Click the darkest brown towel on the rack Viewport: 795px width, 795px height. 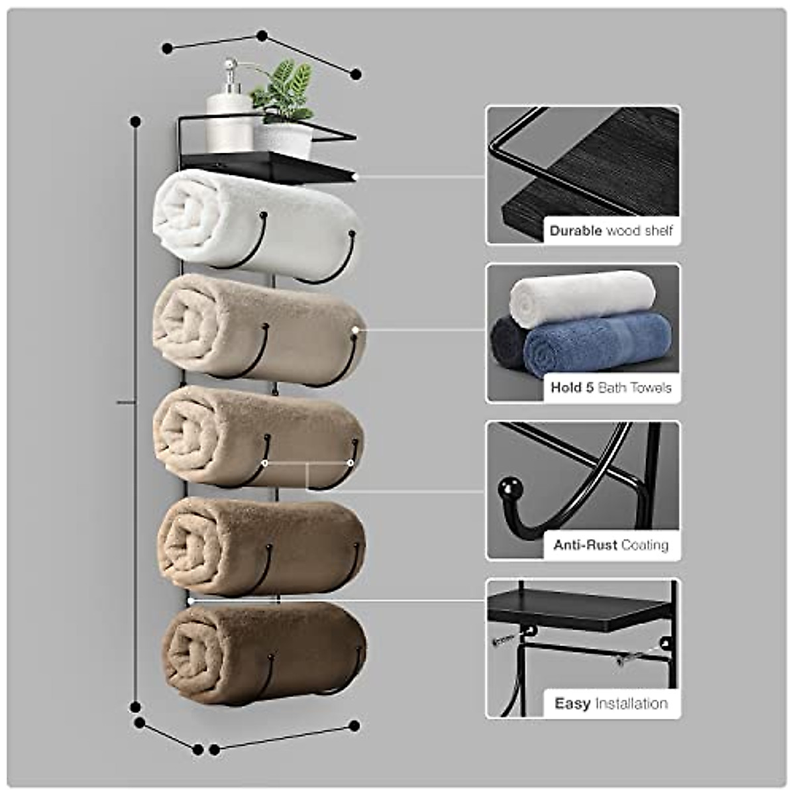[265, 653]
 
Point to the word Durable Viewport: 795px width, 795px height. [576, 231]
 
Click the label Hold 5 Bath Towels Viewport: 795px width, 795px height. [611, 388]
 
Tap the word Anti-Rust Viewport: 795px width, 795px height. [586, 545]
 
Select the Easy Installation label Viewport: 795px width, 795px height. [611, 703]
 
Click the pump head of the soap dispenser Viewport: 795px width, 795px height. [230, 67]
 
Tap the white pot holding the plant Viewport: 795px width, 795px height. [283, 139]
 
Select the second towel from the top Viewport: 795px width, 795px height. [258, 329]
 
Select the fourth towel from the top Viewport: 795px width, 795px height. [262, 547]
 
